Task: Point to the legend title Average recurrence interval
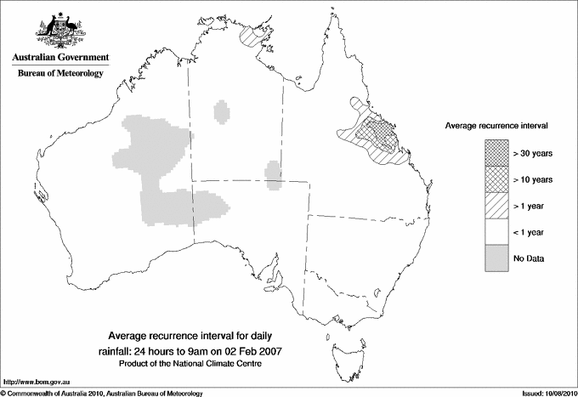pos(496,125)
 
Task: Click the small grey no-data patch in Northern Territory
pos(222,111)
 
